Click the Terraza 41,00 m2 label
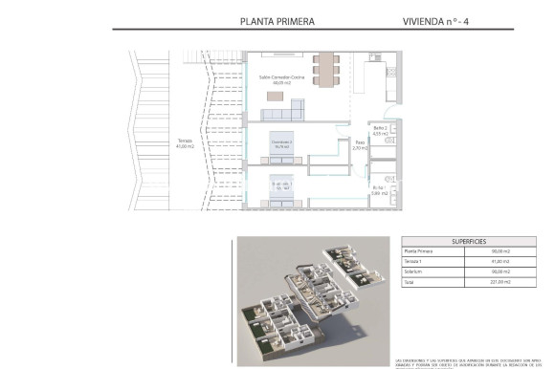tap(186, 143)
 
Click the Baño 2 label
tap(380, 130)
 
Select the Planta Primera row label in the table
tap(420, 251)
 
